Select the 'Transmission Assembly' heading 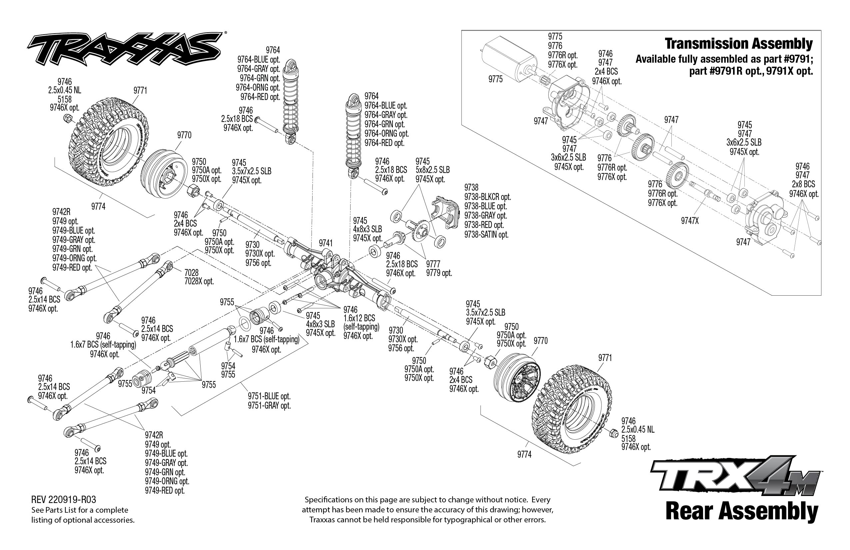738,44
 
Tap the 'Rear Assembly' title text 741,511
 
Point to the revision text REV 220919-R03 64,499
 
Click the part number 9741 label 325,243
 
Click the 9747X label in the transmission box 689,221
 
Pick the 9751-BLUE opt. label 269,396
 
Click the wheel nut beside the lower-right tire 613,433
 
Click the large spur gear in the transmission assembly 677,175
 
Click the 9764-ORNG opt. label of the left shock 257,87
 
